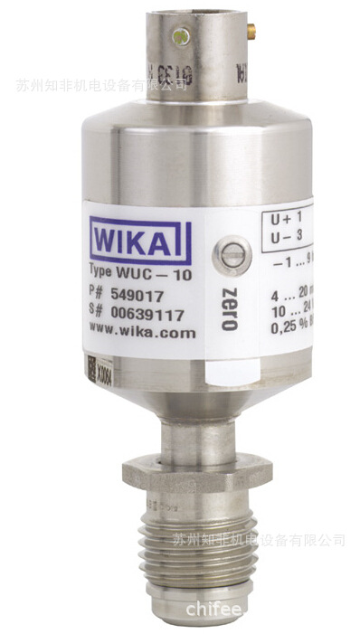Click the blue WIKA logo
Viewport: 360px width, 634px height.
[139, 242]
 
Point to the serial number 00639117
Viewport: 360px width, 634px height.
[148, 314]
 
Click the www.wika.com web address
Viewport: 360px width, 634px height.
[142, 332]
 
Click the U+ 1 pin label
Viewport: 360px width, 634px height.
[286, 218]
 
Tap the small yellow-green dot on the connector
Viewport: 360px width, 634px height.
[185, 37]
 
